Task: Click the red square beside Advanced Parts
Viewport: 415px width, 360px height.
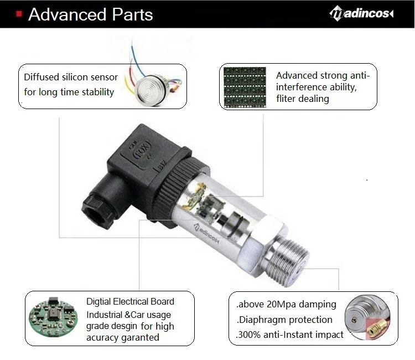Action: pyautogui.click(x=19, y=13)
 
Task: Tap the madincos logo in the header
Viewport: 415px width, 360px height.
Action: pyautogui.click(x=361, y=13)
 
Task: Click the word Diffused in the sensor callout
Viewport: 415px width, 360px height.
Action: pyautogui.click(x=41, y=77)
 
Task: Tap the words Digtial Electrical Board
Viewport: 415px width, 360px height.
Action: pyautogui.click(x=130, y=302)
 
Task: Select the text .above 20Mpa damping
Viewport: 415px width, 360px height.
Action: pyautogui.click(x=286, y=304)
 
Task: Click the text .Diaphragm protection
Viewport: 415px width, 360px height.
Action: pyautogui.click(x=284, y=320)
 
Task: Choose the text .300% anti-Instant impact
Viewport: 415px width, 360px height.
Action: pyautogui.click(x=289, y=335)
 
